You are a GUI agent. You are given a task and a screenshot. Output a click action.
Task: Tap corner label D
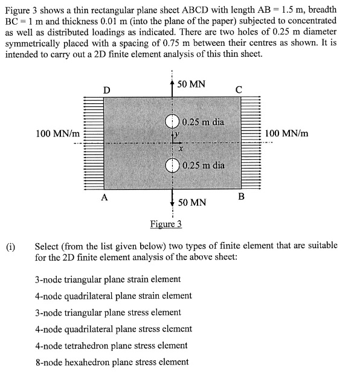point(106,90)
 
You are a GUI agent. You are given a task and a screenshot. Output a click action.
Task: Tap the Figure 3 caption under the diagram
point(166,224)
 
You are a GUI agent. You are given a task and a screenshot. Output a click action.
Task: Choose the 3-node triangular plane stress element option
point(108,312)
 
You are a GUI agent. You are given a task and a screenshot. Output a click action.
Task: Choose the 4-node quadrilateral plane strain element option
point(114,296)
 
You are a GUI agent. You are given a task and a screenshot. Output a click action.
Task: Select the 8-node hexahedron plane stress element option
point(112,362)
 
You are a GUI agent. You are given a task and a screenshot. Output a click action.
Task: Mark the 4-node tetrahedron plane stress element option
point(111,345)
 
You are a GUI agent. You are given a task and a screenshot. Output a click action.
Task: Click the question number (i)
point(11,247)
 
